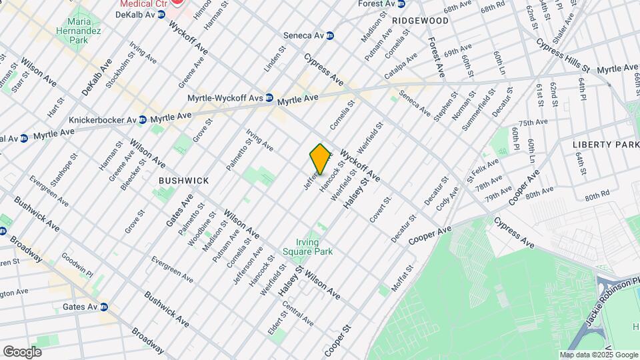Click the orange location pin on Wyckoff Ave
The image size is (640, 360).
321,159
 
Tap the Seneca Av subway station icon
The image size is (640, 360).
330,35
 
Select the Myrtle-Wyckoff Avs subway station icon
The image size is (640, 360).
269,97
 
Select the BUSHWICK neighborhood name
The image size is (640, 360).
183,181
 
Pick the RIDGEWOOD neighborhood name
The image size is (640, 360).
420,21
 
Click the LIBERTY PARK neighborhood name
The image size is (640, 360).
605,145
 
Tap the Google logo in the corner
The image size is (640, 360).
22,351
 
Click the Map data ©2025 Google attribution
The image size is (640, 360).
598,355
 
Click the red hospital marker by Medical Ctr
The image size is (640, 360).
177,2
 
